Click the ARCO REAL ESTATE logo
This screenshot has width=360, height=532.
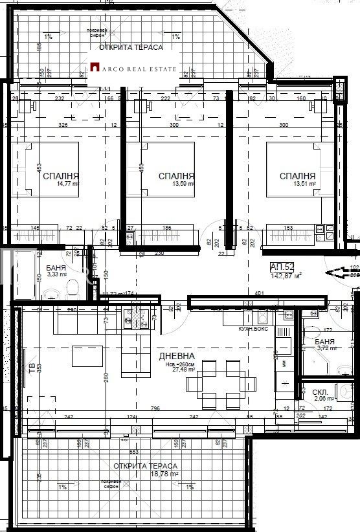pyautogui.click(x=134, y=66)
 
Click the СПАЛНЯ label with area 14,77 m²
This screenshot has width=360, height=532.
pyautogui.click(x=61, y=175)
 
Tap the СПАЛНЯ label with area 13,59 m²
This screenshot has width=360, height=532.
pyautogui.click(x=176, y=175)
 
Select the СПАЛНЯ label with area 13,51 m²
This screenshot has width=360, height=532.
pyautogui.click(x=297, y=175)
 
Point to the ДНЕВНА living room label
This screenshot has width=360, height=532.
pyautogui.click(x=177, y=357)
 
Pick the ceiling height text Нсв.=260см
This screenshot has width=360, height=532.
pyautogui.click(x=177, y=365)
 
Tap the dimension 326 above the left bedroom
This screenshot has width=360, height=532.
pyautogui.click(x=63, y=125)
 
